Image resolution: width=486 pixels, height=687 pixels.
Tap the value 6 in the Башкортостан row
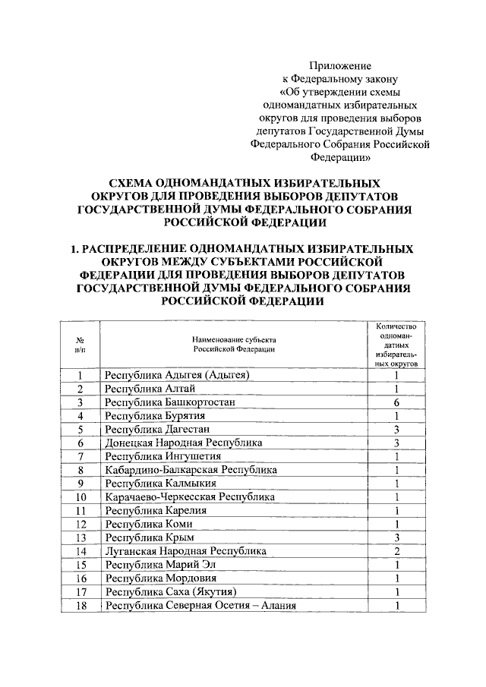tap(396, 402)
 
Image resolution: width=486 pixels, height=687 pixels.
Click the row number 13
tap(80, 537)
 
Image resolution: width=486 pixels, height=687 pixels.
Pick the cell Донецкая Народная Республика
tap(184, 442)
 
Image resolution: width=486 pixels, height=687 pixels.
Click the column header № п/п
tap(80, 345)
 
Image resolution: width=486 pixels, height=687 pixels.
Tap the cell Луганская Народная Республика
tap(186, 550)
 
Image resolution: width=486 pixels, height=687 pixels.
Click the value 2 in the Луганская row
tap(396, 550)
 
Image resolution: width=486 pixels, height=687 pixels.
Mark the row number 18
tap(80, 605)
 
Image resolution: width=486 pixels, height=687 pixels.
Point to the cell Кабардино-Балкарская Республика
tap(191, 470)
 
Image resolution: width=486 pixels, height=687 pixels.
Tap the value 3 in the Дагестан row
tap(396, 429)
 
